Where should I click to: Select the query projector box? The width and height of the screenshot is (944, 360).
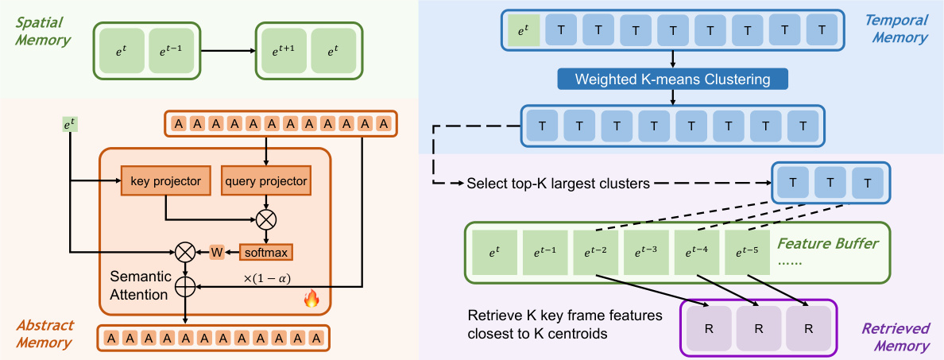(x=265, y=181)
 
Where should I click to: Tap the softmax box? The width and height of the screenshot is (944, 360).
(x=266, y=252)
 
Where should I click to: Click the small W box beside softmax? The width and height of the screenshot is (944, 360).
(x=215, y=252)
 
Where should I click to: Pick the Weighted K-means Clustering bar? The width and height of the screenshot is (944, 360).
(x=673, y=79)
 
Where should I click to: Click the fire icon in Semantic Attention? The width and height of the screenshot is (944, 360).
(x=311, y=300)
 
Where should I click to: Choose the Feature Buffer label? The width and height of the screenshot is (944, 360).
(x=828, y=243)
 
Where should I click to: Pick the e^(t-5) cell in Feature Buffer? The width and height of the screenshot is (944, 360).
(x=749, y=253)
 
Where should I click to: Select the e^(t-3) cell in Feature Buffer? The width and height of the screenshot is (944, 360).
(x=647, y=253)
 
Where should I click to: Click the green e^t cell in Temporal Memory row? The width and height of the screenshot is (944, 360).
(x=522, y=31)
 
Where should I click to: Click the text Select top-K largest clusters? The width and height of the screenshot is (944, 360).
(x=559, y=184)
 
